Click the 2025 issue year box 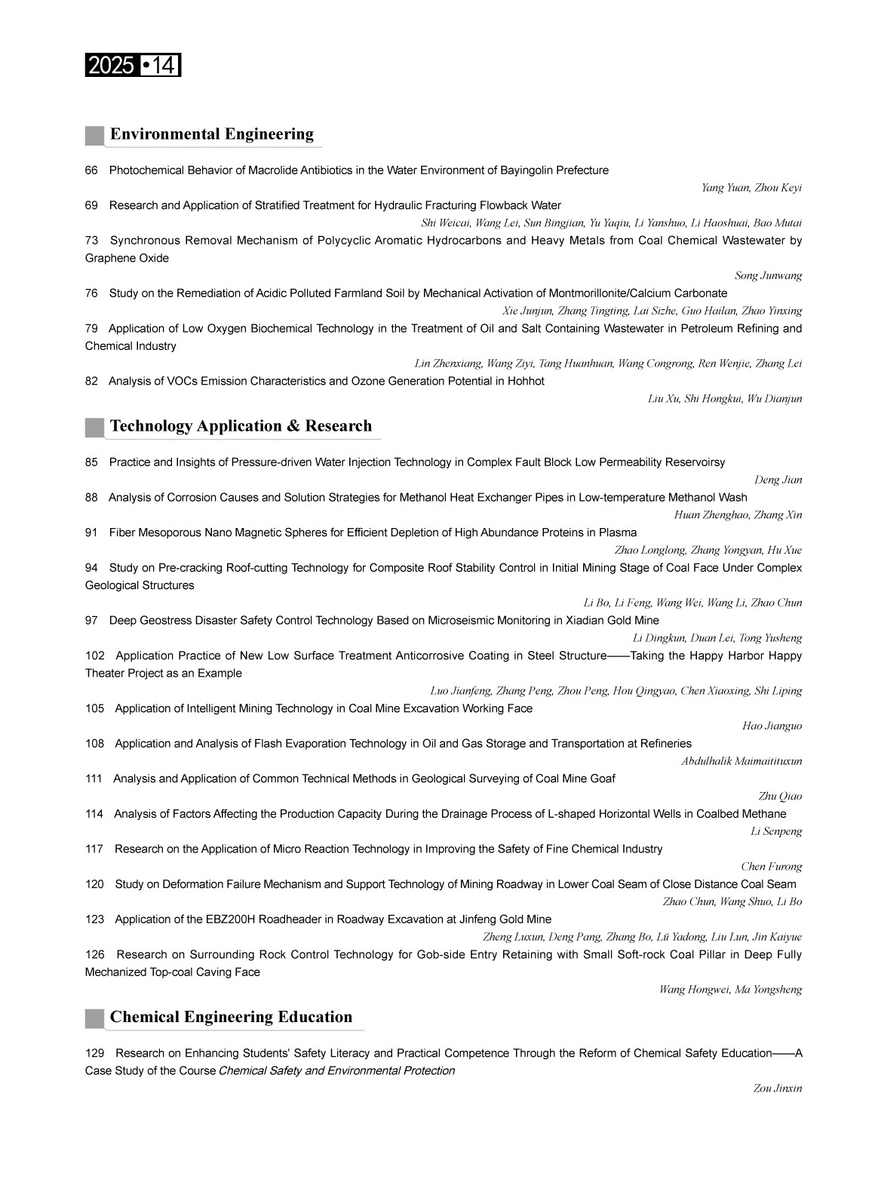tap(111, 66)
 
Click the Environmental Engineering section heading tap(211, 134)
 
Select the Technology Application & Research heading tap(241, 426)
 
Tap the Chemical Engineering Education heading tap(231, 1017)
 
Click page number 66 tap(91, 170)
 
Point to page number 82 tap(91, 382)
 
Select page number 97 tap(91, 621)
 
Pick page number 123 tap(94, 920)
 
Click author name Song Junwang tap(768, 276)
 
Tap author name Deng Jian tap(778, 480)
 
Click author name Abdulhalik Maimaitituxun tap(741, 761)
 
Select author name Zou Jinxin tap(778, 1088)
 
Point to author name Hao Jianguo tap(772, 726)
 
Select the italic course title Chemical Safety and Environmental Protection tap(336, 1071)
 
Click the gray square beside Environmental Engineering tap(94, 135)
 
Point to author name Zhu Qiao tap(780, 797)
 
